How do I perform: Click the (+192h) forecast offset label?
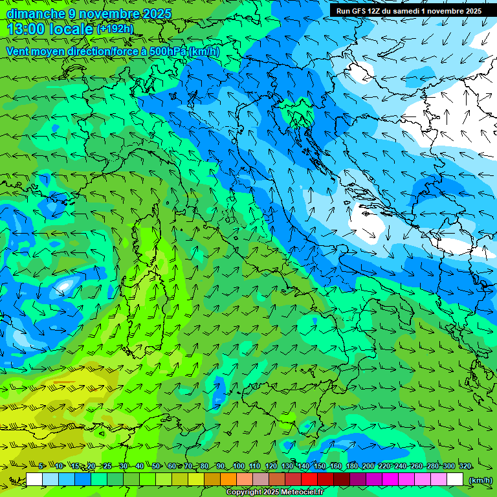tap(115, 29)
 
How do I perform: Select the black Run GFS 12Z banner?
tap(408, 10)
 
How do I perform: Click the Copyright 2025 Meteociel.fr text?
tap(274, 492)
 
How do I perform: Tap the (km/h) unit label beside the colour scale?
tap(480, 480)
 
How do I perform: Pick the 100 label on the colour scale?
tap(239, 466)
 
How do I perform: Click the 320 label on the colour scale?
tap(465, 466)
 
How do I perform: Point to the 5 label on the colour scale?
tap(41, 466)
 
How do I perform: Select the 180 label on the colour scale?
tap(352, 466)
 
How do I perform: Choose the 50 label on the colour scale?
tap(155, 466)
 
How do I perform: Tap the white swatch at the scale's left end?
tap(34, 480)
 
